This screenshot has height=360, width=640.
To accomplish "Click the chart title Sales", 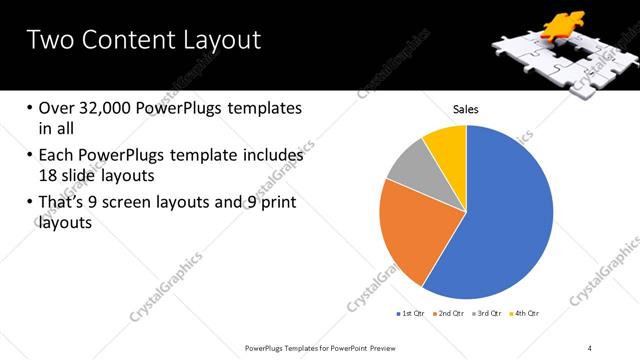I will pos(466,109).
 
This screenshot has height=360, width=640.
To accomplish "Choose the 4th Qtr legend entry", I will pos(527,314).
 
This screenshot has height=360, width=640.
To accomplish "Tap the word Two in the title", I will pos(48,41).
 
